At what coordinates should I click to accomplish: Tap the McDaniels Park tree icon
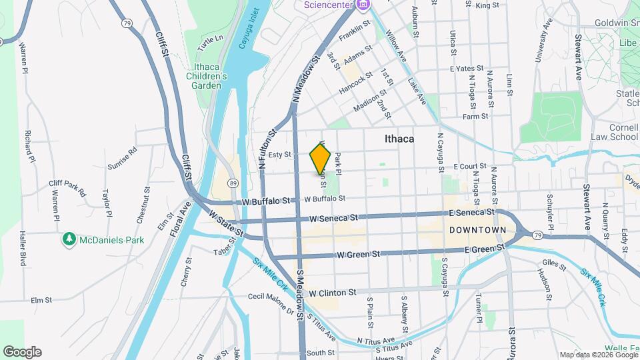(x=69, y=239)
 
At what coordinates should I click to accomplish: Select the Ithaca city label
(x=399, y=139)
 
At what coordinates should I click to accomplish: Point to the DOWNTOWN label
(x=477, y=230)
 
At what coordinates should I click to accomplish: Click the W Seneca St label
(x=334, y=218)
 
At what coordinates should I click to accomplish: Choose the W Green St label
(x=358, y=254)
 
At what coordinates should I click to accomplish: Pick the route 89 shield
(x=232, y=183)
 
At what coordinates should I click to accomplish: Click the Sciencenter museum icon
(x=363, y=6)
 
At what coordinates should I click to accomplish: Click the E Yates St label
(x=465, y=68)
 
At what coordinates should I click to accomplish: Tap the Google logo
(x=22, y=352)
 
